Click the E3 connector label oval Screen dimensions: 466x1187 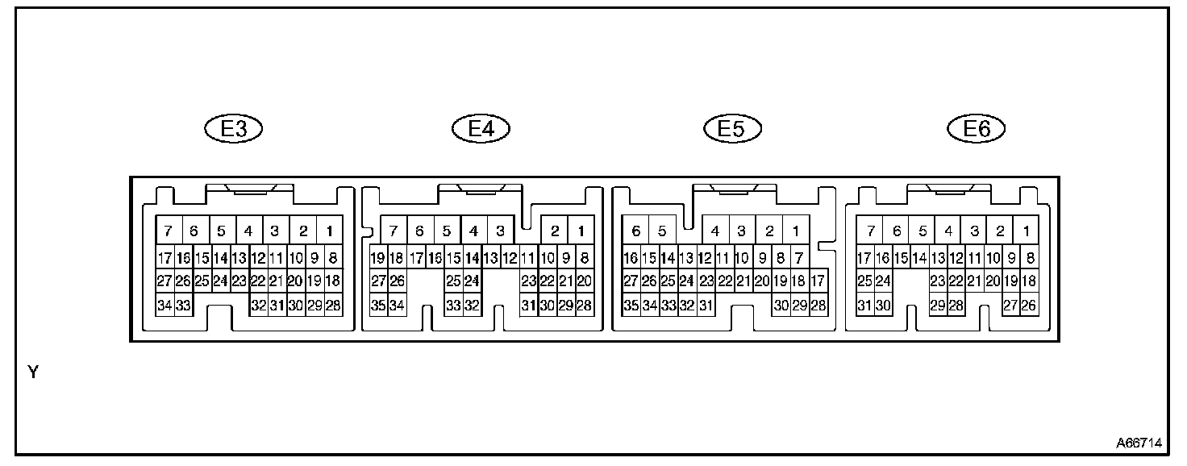(234, 128)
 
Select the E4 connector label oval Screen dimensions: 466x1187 (481, 128)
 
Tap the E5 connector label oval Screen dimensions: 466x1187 (732, 128)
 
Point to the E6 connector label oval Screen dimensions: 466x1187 (977, 128)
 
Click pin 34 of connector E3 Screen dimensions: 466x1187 (165, 306)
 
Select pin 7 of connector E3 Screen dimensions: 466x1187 (168, 231)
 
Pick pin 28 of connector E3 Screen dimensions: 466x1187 (333, 306)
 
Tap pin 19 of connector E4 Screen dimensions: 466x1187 (377, 259)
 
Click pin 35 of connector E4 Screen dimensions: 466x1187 (377, 306)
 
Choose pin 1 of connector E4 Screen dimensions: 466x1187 (581, 231)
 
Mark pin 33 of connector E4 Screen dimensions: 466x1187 (453, 306)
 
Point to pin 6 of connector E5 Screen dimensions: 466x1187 (636, 231)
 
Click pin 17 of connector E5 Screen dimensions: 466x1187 (818, 281)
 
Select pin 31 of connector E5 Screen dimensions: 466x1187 (706, 306)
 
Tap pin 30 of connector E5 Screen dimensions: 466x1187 (781, 306)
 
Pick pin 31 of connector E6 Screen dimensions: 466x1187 (864, 306)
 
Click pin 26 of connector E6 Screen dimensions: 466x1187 (1029, 306)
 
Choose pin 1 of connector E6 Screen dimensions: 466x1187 (1026, 231)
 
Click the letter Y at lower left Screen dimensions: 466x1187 (33, 373)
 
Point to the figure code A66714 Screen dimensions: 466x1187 (1139, 443)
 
